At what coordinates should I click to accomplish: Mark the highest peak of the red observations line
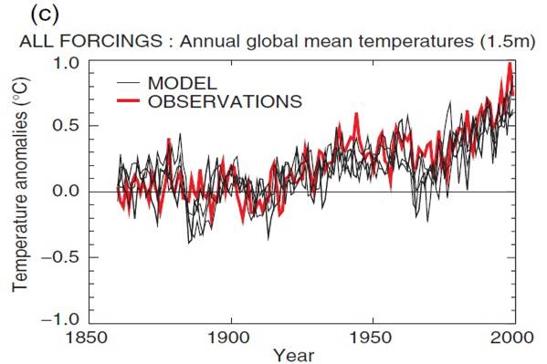pyautogui.click(x=510, y=64)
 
